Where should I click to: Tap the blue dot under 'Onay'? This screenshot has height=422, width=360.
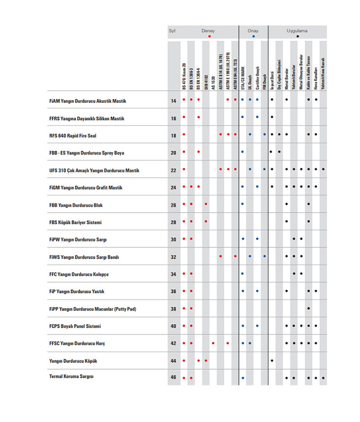253,36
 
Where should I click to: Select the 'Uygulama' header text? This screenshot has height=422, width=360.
297,31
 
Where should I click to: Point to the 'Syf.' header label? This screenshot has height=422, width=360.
172,31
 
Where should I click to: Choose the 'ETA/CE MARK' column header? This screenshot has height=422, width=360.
242,77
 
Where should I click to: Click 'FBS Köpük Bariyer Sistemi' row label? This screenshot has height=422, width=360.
75,222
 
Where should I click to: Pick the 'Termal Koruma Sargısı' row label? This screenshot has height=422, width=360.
71,376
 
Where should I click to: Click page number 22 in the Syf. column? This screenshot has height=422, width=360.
173,170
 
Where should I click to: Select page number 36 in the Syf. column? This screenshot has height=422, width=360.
173,291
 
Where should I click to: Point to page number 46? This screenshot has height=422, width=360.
173,377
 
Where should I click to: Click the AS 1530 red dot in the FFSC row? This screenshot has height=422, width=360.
213,343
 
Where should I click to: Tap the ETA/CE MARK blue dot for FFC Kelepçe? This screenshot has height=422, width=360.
242,274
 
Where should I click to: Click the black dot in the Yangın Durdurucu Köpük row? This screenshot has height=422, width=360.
272,361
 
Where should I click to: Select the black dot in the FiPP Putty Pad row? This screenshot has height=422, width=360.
309,308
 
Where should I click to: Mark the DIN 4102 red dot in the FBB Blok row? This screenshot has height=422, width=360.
206,204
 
